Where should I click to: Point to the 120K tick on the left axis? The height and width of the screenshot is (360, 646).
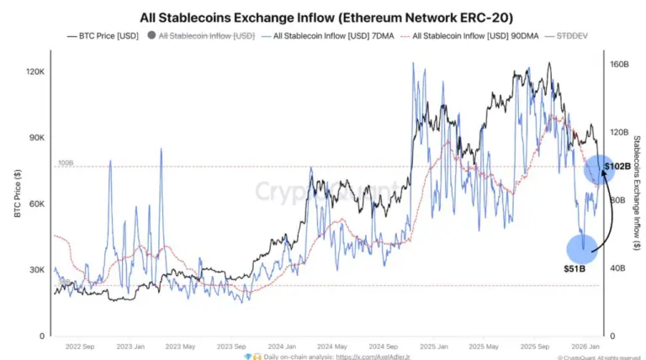(34, 72)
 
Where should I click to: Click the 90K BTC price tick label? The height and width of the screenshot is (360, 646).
(36, 139)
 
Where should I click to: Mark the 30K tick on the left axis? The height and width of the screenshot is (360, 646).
(36, 270)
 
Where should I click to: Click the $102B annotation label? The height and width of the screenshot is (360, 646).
(617, 167)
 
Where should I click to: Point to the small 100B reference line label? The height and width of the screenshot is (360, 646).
(65, 162)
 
